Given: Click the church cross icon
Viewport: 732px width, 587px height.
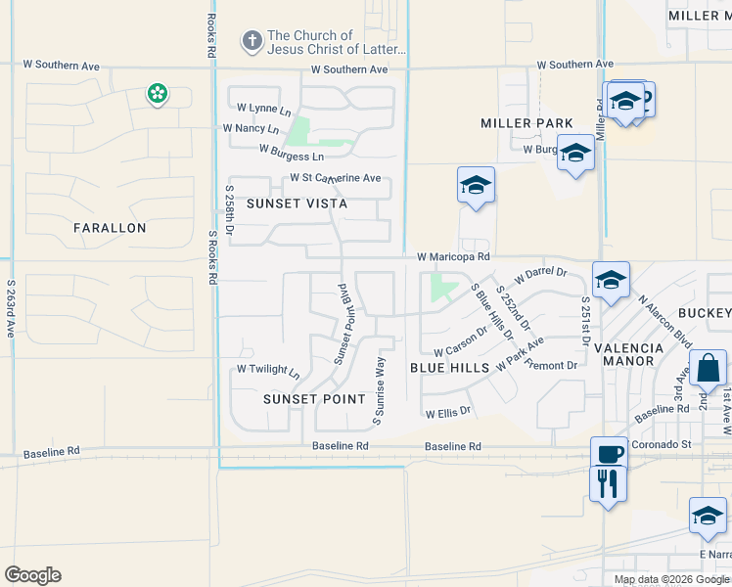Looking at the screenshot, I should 252,41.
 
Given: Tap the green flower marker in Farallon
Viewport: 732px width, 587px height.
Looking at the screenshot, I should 157,94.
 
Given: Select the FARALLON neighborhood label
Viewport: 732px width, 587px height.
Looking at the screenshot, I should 110,228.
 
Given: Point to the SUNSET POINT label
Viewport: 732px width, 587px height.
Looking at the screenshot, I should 314,399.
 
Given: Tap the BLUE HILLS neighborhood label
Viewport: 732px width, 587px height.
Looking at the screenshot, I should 449,367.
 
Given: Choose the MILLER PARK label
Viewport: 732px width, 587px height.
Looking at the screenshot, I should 526,123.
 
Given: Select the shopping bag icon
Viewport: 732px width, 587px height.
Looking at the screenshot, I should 708,370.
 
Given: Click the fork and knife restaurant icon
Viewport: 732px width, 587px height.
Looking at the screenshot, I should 609,482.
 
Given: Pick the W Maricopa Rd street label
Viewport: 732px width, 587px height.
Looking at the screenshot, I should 452,256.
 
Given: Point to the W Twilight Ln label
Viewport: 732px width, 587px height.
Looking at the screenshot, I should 268,370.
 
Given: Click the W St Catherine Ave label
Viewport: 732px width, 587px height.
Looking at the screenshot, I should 335,178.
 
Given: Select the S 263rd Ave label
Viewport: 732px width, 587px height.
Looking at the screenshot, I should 12,309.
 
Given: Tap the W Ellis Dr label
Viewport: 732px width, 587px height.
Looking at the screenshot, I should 448,413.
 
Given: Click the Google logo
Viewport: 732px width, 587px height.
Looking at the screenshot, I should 32,575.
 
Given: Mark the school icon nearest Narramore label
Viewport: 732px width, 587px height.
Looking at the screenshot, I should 707,515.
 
